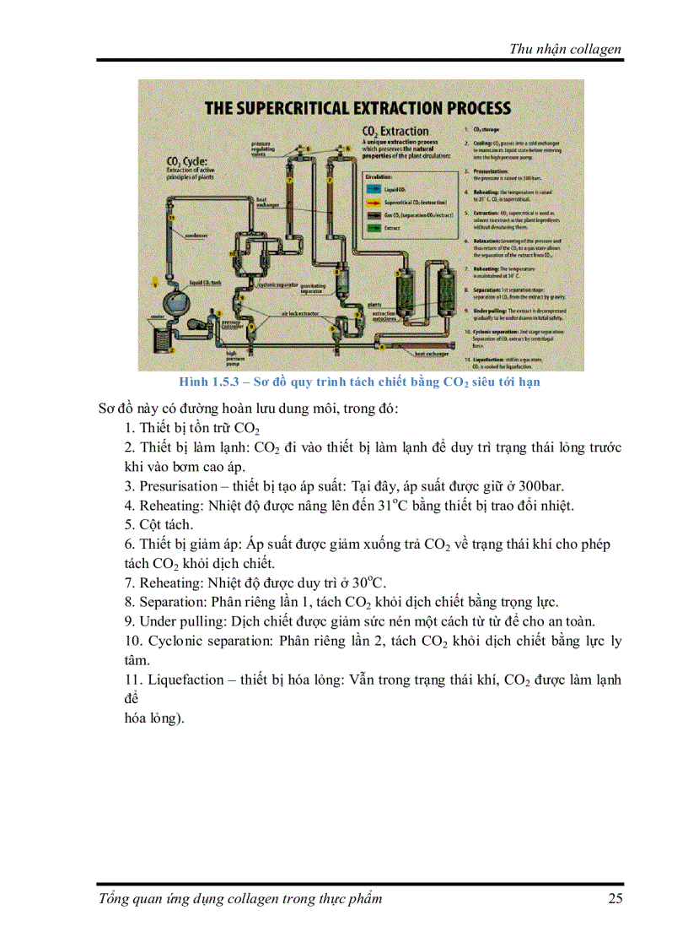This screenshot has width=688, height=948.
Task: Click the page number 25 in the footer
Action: coord(615,898)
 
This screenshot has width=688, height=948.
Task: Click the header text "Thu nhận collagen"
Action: coord(565,48)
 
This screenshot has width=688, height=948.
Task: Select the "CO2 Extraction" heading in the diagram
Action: coord(395,132)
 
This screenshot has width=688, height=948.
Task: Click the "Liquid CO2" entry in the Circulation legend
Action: coord(397,191)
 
